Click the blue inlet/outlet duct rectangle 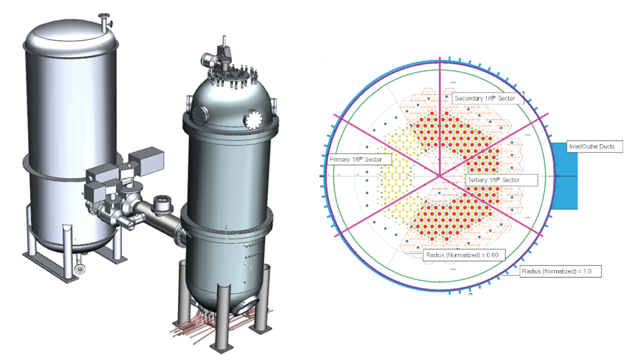coord(565,175)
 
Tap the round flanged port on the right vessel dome coord(253,120)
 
